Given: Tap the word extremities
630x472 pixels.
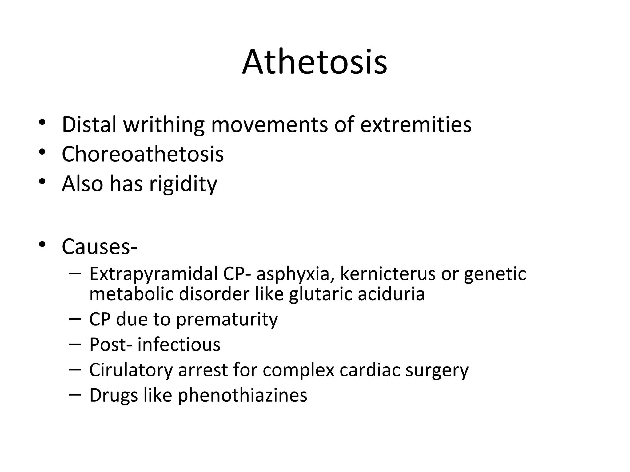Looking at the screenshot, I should click(416, 125).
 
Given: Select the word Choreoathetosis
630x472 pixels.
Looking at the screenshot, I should click(142, 154).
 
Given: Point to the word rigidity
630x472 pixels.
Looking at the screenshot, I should click(183, 184).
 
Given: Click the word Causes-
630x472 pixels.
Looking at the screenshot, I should click(99, 246).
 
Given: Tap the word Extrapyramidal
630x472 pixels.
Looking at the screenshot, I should click(153, 274).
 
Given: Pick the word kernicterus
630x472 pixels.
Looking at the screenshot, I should click(388, 274).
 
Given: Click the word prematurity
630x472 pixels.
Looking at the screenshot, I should click(227, 320).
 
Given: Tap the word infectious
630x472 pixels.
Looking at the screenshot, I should click(179, 344).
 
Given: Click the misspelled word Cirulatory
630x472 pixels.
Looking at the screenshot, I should click(131, 370).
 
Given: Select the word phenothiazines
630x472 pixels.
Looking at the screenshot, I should click(242, 395).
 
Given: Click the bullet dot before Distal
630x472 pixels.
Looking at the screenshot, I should click(42, 123).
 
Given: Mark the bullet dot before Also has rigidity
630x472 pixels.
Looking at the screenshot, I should click(42, 182).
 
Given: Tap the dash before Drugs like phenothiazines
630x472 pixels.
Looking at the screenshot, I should click(75, 394).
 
